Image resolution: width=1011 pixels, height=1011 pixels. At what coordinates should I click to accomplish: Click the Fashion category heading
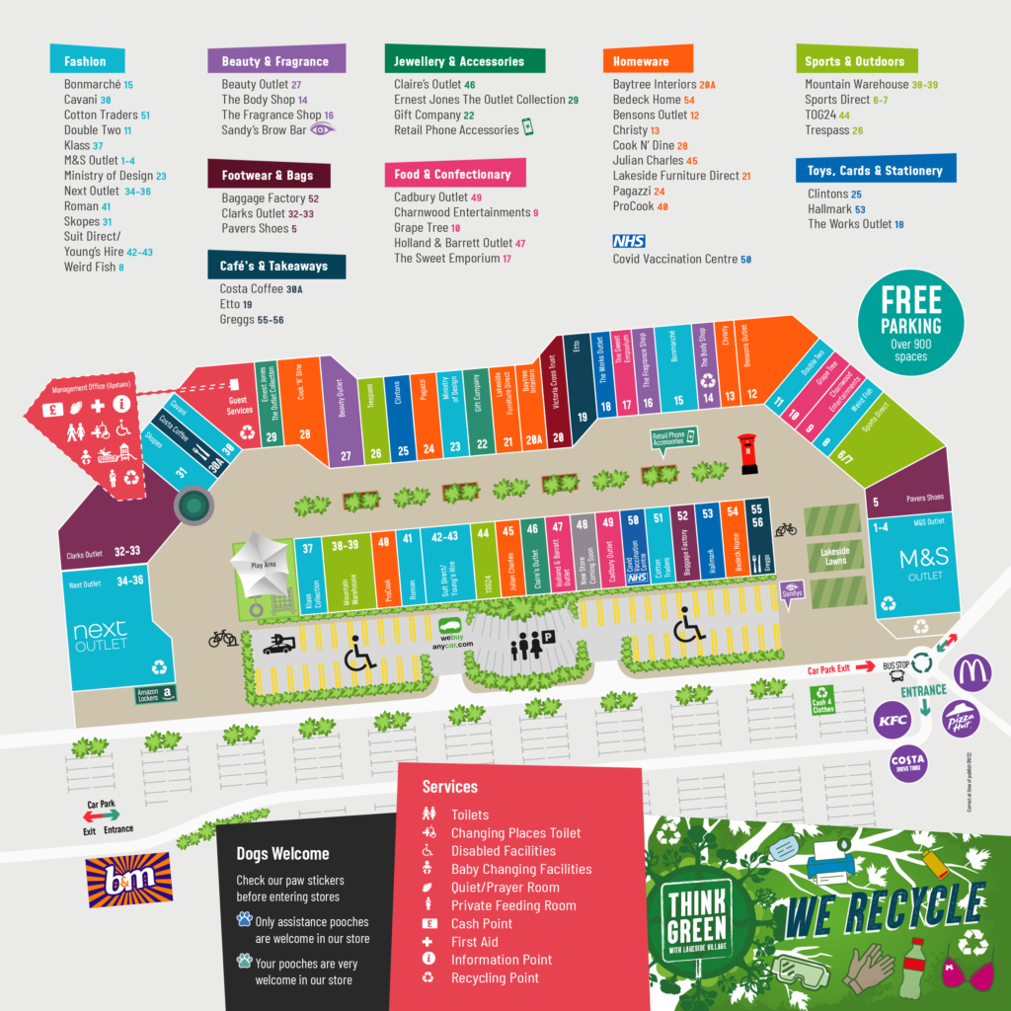[x=85, y=61]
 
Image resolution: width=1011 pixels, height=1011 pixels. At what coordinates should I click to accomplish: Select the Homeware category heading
[x=640, y=61]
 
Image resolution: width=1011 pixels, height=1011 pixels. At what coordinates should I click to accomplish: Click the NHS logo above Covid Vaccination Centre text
[x=628, y=241]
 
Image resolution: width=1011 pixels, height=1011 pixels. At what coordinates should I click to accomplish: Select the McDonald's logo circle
[x=972, y=672]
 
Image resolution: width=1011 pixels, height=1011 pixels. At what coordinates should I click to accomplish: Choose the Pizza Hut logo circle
[x=960, y=718]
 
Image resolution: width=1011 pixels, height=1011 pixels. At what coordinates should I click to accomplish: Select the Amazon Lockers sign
[x=154, y=694]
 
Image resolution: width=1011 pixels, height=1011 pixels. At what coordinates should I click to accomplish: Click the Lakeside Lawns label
[x=830, y=557]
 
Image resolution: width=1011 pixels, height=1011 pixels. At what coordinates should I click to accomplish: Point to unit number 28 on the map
[x=305, y=434]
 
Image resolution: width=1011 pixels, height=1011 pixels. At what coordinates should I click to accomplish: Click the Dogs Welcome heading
[x=282, y=854]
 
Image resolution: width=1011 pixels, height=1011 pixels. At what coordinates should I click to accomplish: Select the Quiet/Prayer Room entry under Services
[x=505, y=888]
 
